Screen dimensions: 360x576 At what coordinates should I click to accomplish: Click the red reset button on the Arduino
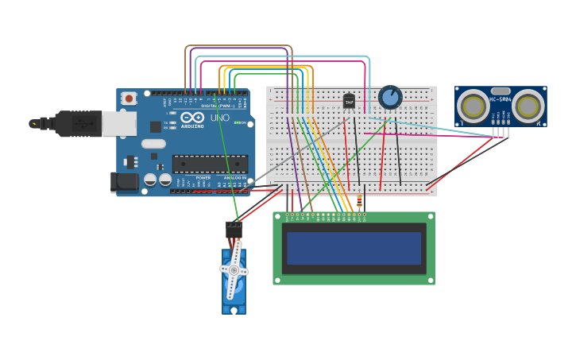pos(129,99)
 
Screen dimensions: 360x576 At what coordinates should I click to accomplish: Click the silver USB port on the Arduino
pos(119,123)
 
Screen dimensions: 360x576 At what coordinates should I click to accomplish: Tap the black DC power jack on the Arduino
pos(124,182)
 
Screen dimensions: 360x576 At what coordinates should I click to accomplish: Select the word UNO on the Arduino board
pos(220,118)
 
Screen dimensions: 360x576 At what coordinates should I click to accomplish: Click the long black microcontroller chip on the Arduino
pos(210,164)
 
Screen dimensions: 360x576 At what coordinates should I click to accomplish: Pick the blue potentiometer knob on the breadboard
pos(390,97)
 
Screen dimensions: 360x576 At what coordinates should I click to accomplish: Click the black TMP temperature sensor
pos(349,102)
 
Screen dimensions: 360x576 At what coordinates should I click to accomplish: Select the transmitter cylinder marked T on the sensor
pos(474,106)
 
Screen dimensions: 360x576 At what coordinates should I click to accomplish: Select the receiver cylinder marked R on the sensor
pos(528,106)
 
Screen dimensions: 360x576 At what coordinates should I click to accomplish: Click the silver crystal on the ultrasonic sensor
pos(501,91)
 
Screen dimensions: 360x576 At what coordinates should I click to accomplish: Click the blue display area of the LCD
pos(354,248)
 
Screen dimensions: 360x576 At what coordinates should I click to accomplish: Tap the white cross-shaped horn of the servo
pos(234,270)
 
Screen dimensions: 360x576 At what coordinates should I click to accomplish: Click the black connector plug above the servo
pos(234,229)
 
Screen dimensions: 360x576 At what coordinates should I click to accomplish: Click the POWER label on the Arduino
pos(203,177)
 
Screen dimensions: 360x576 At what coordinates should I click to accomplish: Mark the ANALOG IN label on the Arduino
pos(234,177)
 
